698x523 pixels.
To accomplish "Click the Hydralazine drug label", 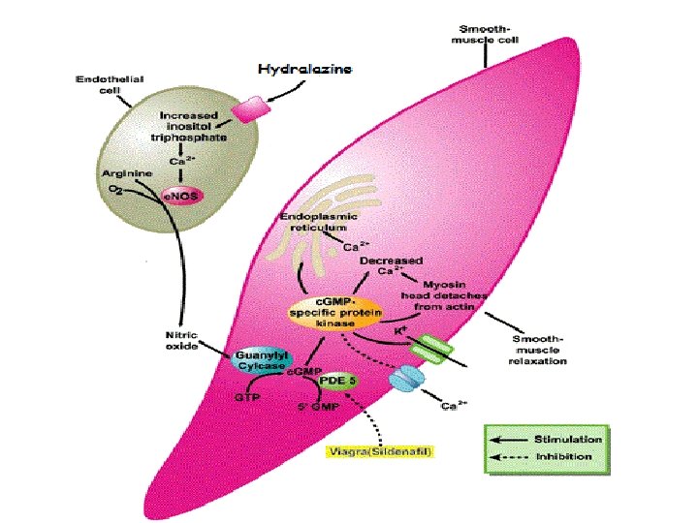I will point(304,69).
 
